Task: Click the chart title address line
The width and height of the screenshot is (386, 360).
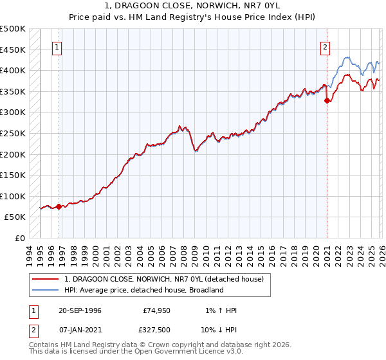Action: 193,5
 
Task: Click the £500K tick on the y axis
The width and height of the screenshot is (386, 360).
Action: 13,29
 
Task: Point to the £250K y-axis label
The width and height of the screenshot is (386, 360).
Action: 13,134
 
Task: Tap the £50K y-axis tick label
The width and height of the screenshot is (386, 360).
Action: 15,217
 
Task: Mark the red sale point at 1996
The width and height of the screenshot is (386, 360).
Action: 59,206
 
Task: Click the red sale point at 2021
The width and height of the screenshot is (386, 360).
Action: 327,100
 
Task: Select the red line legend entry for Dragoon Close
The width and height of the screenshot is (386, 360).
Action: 167,279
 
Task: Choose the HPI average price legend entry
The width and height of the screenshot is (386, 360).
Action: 143,290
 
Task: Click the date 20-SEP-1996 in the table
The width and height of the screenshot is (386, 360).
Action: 79,310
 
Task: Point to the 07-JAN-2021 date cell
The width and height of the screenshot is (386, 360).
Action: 79,332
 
